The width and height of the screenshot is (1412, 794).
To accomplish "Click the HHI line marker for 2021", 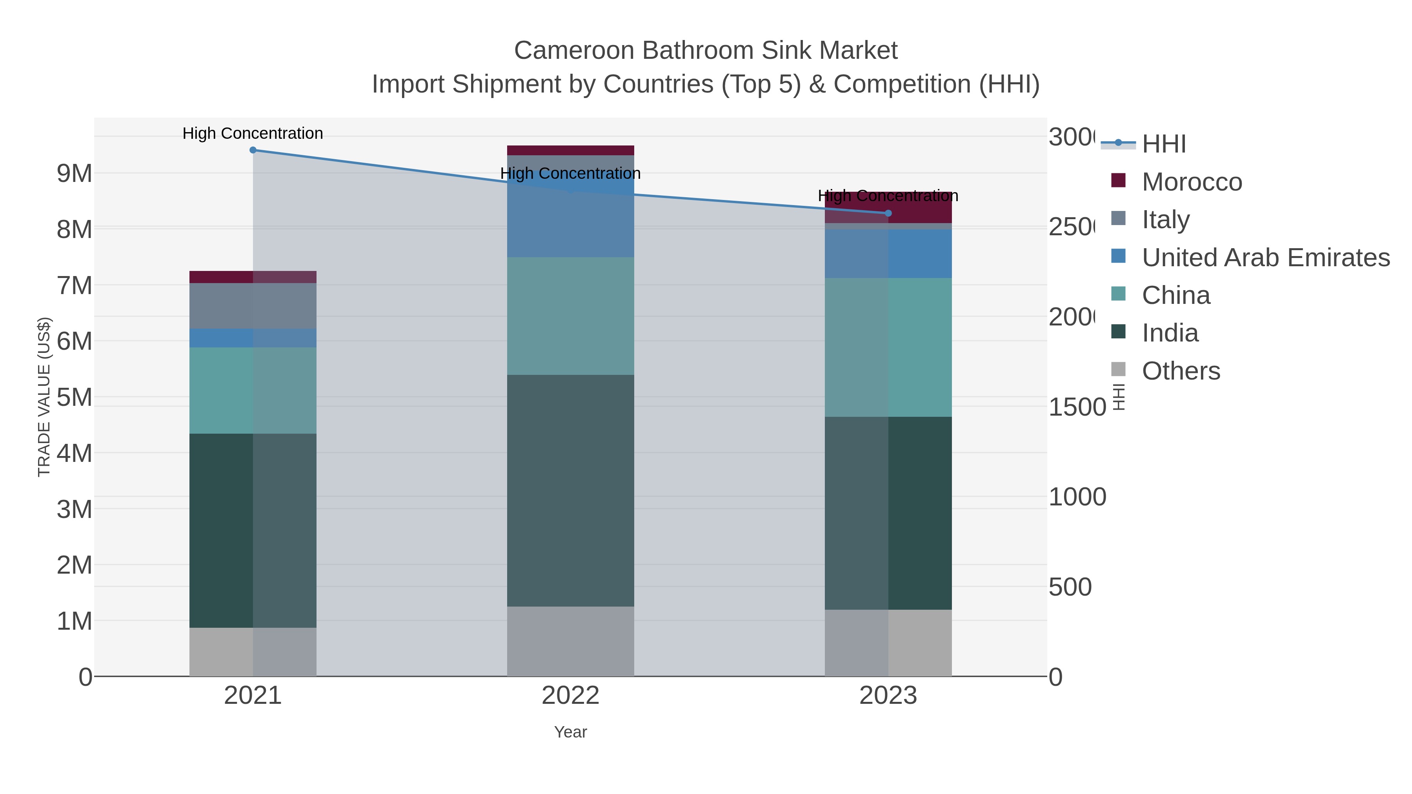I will point(253,150).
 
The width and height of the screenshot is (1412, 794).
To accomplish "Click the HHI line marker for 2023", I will point(888,213).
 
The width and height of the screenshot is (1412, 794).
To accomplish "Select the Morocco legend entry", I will point(1191,182).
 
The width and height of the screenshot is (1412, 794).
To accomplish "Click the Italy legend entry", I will point(1165,220).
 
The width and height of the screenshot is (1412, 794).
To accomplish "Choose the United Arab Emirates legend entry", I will point(1265,258).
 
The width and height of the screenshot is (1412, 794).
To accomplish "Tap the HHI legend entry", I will point(1163,144).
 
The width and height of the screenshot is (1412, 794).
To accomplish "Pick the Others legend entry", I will point(1180,371).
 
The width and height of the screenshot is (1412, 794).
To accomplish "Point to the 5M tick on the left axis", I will point(75,397).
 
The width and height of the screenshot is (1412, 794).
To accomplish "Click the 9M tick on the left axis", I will point(75,174).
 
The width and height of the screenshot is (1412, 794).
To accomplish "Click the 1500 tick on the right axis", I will point(1077,407).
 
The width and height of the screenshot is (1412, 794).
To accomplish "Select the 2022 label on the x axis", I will point(570,695).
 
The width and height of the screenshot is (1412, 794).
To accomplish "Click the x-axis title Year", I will point(570,732).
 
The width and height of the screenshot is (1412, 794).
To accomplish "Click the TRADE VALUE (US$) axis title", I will point(44,397).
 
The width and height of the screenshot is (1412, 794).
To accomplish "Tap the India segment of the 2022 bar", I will point(570,491).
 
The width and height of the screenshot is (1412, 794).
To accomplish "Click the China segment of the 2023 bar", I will point(888,347).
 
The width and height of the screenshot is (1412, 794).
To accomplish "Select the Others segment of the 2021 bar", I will point(253,652).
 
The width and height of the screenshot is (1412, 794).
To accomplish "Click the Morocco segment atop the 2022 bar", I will point(570,151).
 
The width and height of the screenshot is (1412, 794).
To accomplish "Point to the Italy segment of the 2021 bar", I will point(253,306).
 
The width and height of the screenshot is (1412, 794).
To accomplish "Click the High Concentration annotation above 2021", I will point(253,133).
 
